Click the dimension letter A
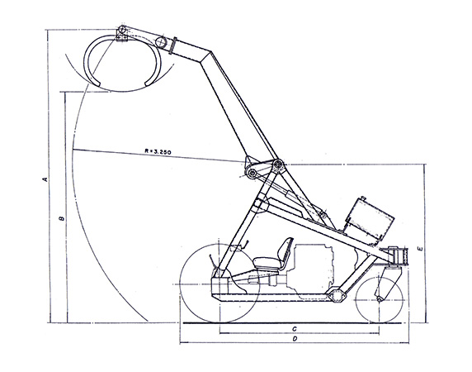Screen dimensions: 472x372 (x=46, y=179)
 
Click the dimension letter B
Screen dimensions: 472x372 (x=63, y=218)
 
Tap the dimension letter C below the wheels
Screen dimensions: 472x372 (x=295, y=328)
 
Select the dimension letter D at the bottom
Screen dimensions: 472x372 (x=295, y=339)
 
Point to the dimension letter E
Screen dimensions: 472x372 (x=421, y=249)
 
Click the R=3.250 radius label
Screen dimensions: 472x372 (x=158, y=151)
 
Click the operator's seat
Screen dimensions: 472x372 (x=273, y=255)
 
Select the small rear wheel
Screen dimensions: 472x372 (x=379, y=299)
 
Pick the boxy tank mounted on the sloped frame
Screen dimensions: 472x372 (x=370, y=218)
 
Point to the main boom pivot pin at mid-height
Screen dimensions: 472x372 (x=277, y=165)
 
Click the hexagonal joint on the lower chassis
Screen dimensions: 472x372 (x=335, y=295)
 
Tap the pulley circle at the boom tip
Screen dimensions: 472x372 (x=162, y=41)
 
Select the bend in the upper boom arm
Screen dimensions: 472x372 (x=205, y=58)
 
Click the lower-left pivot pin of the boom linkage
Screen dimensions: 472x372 (x=253, y=173)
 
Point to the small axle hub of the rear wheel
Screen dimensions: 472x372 (x=380, y=299)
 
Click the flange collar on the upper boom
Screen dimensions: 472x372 (x=172, y=45)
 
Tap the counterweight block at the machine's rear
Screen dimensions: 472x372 (x=399, y=257)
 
